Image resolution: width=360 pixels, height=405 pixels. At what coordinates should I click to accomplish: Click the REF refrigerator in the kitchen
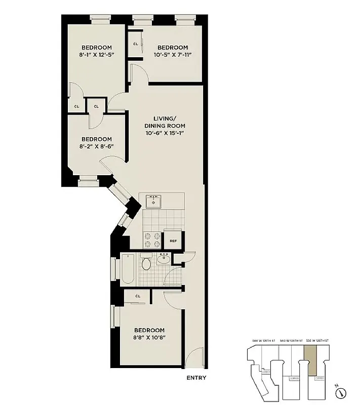click(173, 241)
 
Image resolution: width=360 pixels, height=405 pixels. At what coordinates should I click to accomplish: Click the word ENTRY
click(196, 377)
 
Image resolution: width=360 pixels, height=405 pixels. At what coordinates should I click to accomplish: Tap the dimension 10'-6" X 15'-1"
click(165, 134)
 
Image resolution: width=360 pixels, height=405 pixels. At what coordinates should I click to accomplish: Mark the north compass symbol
click(343, 391)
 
